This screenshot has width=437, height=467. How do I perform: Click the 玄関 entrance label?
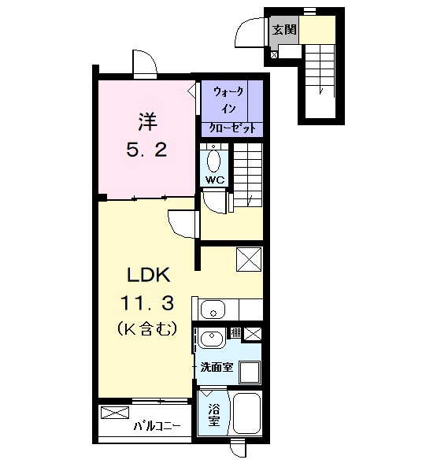(x=283, y=31)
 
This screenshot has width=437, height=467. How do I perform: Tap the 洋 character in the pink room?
(x=146, y=122)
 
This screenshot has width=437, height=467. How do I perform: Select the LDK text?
(x=146, y=276)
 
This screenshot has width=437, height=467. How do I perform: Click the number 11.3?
(x=146, y=302)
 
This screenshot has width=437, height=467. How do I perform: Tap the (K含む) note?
(x=146, y=326)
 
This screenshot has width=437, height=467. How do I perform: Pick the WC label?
(x=214, y=180)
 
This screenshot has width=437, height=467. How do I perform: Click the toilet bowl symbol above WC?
(x=214, y=160)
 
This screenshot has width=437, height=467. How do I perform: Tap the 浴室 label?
(x=213, y=415)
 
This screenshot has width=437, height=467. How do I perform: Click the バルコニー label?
(x=157, y=426)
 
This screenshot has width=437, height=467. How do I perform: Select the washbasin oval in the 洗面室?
(x=211, y=339)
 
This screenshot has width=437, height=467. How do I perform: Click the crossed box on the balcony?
(x=113, y=413)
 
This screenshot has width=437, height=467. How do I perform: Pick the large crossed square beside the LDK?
(x=248, y=259)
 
